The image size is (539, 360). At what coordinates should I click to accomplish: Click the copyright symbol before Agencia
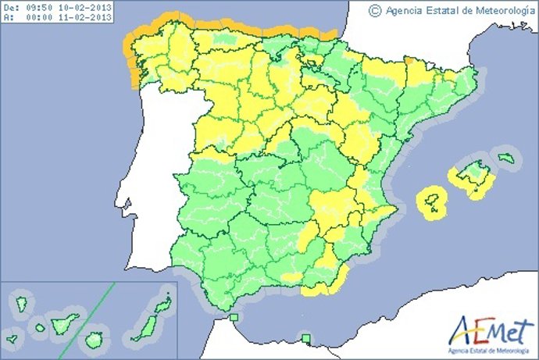375,10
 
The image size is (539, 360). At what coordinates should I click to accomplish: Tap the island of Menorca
508,159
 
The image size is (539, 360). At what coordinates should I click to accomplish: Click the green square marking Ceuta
234,316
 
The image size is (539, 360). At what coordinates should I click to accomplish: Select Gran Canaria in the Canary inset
94,340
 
